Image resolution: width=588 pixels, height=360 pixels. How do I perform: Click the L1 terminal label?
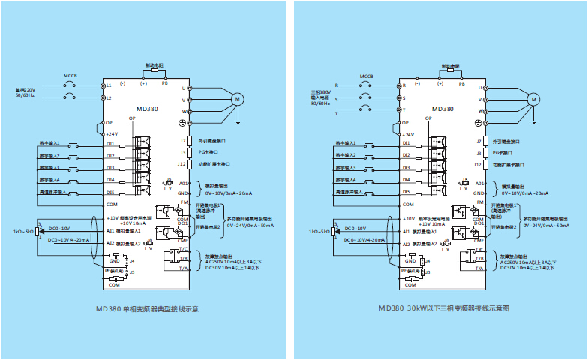pyautogui.click(x=109, y=85)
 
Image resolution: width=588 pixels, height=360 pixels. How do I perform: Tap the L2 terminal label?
pyautogui.click(x=109, y=97)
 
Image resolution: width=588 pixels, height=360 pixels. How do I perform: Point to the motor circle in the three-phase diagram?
pyautogui.click(x=533, y=98)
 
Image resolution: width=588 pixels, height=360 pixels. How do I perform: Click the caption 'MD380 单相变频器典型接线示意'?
pyautogui.click(x=147, y=307)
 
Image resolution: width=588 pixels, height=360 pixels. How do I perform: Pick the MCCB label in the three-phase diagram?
pyautogui.click(x=367, y=76)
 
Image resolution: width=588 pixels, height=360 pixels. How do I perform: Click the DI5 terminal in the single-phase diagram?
pyautogui.click(x=110, y=192)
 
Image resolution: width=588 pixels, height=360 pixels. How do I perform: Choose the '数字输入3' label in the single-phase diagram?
pyautogui.click(x=50, y=168)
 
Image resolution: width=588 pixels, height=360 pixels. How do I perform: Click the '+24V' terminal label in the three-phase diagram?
pyautogui.click(x=409, y=134)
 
